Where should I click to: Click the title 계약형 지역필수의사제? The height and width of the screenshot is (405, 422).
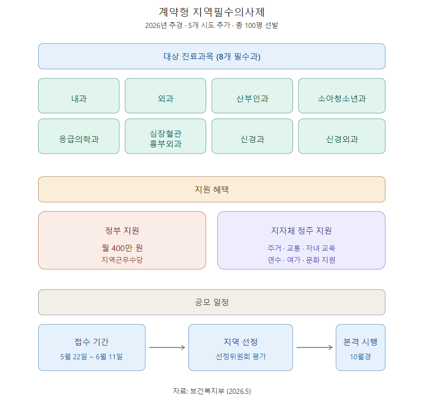tap(212, 12)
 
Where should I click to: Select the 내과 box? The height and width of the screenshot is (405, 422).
tap(79, 96)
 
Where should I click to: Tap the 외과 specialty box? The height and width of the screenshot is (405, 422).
tap(166, 96)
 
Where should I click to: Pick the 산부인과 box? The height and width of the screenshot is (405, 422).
tap(252, 96)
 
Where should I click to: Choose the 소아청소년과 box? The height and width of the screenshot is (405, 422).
tap(342, 96)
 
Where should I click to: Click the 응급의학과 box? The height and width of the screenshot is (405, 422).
tap(79, 136)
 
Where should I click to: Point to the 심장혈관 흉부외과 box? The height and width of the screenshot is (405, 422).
tap(166, 136)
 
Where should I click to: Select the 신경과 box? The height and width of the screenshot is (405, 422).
tap(252, 136)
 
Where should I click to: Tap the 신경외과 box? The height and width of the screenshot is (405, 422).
tap(342, 136)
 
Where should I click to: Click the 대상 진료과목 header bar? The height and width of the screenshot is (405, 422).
tap(212, 56)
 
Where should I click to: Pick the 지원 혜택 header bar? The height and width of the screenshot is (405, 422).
tap(212, 190)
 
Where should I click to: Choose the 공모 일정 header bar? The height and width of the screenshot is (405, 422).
tap(212, 302)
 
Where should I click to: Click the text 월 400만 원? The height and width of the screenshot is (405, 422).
tap(122, 248)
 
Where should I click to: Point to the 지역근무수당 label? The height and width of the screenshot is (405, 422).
tap(122, 260)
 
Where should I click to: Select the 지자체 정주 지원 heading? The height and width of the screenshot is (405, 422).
tap(301, 231)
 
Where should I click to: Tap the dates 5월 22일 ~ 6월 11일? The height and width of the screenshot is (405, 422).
tap(91, 357)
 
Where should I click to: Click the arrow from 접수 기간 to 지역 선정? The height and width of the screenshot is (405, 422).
tap(167, 348)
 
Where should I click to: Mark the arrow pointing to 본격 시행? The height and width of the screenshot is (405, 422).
tap(315, 348)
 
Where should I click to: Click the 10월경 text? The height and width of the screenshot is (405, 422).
tap(361, 357)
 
